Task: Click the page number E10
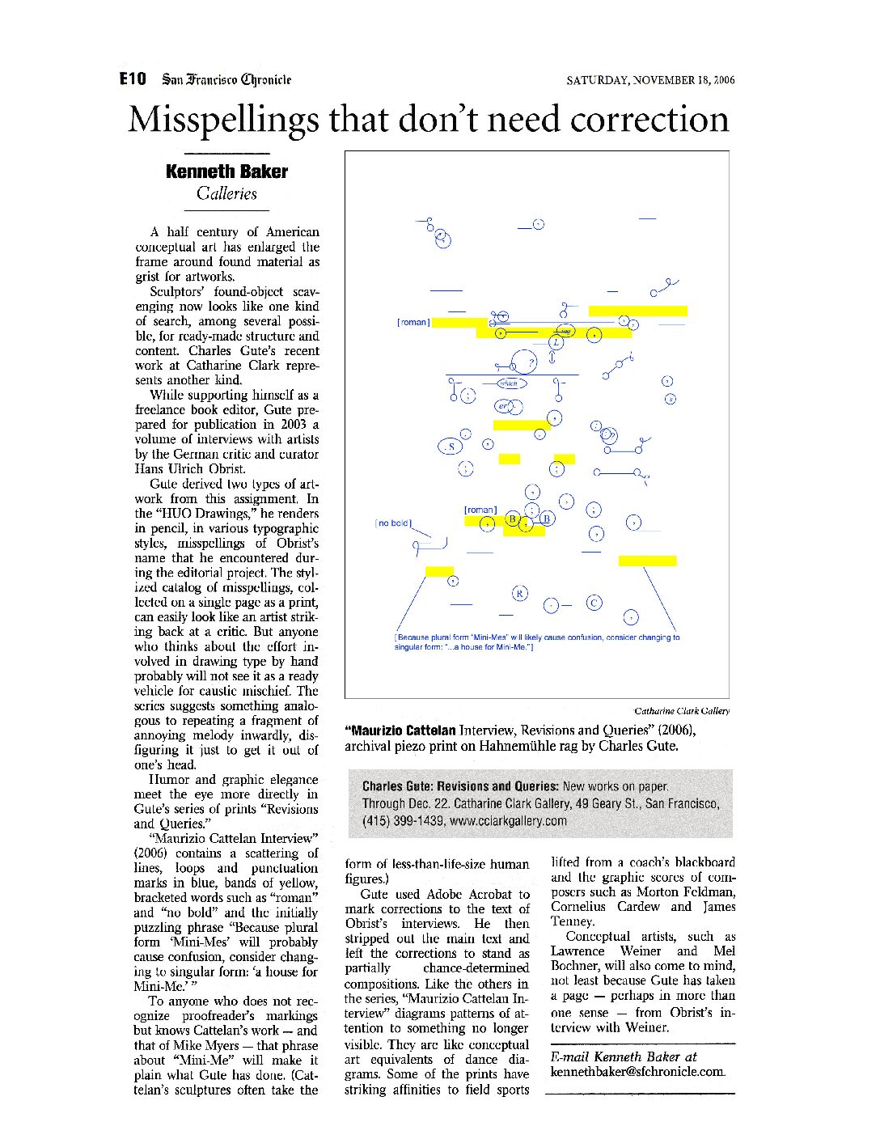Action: tap(133, 78)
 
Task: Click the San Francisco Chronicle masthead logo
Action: tap(226, 79)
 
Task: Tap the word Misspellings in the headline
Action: tap(223, 120)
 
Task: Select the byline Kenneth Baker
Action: tap(226, 171)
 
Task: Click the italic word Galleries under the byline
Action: tap(226, 193)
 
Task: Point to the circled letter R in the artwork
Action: tap(520, 594)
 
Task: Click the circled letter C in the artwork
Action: tap(594, 603)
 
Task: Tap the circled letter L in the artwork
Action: tap(555, 342)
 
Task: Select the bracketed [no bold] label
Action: tap(393, 523)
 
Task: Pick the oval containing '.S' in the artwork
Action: tap(449, 447)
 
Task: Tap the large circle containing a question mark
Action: tap(527, 362)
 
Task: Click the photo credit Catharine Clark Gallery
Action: tap(681, 711)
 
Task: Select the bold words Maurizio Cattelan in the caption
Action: tap(400, 730)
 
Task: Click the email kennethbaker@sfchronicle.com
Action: tap(637, 1072)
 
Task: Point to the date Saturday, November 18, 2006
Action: tap(650, 80)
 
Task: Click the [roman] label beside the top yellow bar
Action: tap(413, 323)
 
